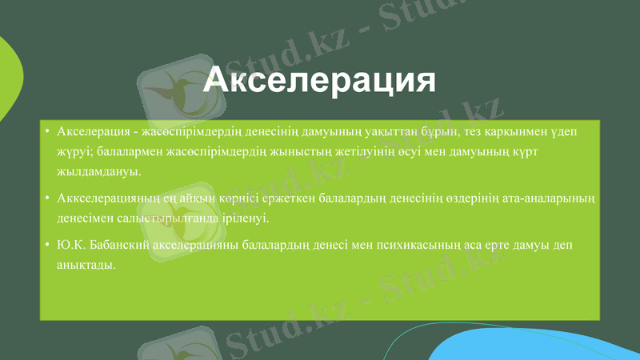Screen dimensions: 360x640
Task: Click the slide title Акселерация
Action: click(319, 81)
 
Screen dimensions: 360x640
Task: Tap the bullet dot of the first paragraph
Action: click(49, 131)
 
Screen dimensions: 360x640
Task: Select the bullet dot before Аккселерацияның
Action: click(49, 198)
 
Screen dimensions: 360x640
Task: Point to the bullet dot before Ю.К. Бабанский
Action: click(49, 244)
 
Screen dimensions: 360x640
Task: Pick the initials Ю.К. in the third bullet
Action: click(74, 244)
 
